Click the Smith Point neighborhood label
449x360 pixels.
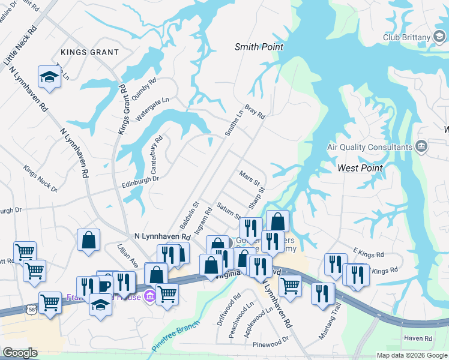click(x=259, y=47)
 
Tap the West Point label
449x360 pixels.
click(x=360, y=168)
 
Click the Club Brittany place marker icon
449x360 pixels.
click(x=439, y=37)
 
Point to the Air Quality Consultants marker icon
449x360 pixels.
click(x=421, y=146)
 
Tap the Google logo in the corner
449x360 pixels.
click(x=19, y=353)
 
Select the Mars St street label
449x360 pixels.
click(x=249, y=178)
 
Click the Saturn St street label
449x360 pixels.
click(x=229, y=210)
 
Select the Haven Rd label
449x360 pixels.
click(x=418, y=339)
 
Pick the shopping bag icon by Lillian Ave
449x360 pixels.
click(x=88, y=240)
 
